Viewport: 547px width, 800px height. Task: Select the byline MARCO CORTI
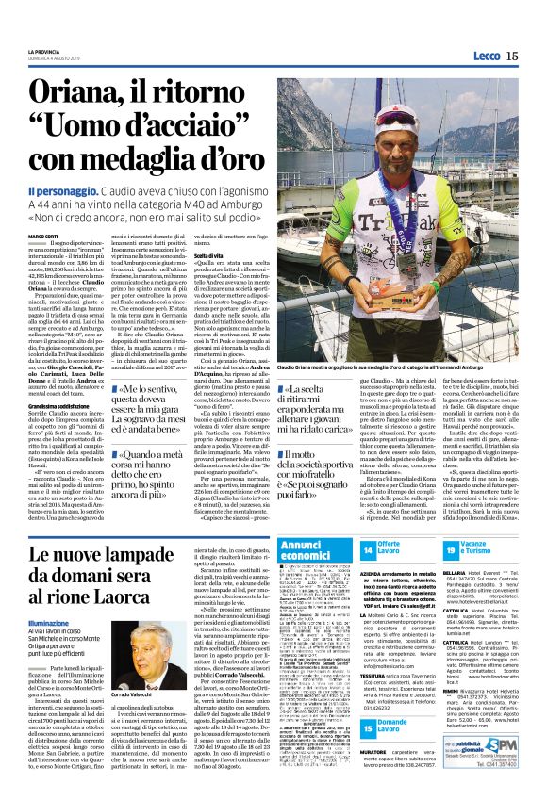[41, 236]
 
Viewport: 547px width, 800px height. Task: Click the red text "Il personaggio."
[68, 190]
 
